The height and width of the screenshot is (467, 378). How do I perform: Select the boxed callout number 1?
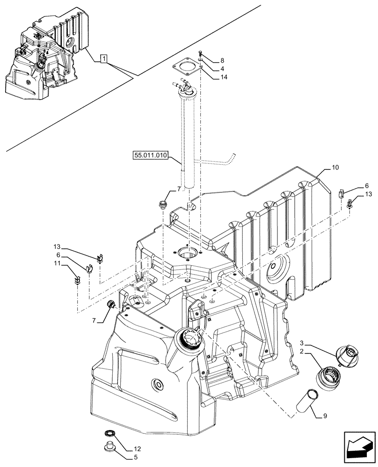[104, 59]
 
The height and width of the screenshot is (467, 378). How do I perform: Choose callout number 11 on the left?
[57, 264]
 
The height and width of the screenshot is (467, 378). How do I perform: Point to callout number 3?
[303, 343]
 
